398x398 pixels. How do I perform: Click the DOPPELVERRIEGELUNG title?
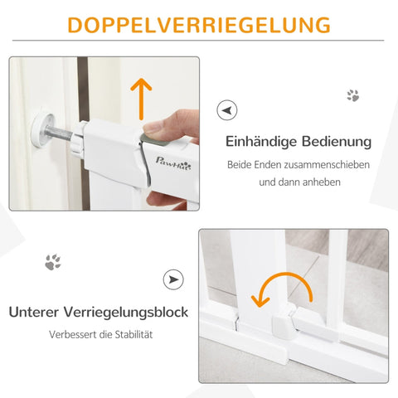(x=198, y=25)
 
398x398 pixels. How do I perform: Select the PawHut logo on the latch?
(x=175, y=163)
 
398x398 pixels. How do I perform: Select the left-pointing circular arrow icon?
(x=226, y=109)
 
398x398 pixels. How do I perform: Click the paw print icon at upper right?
(x=352, y=95)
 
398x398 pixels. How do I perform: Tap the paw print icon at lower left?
(x=52, y=263)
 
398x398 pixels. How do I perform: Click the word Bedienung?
(x=337, y=142)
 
